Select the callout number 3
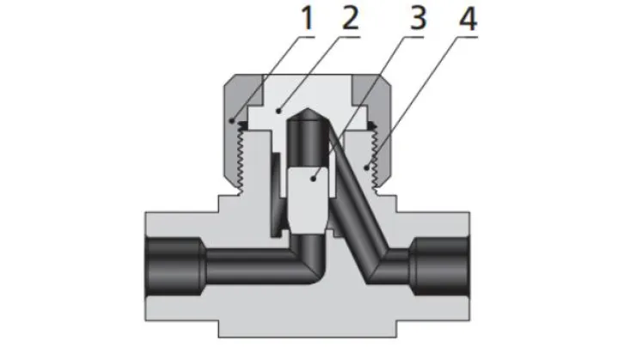tap(418, 19)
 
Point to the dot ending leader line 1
tap(233, 121)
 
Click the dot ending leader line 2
tap(277, 111)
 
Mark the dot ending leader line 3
tap(315, 177)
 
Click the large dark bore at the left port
tap(172, 255)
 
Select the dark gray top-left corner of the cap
tap(236, 90)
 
